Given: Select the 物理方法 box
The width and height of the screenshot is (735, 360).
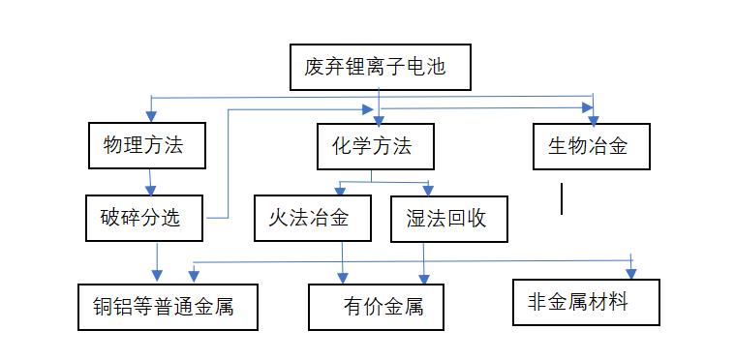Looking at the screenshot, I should [x=148, y=145].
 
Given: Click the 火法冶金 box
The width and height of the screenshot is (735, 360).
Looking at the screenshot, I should [x=314, y=218].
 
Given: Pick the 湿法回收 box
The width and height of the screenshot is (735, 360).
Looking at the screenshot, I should [x=446, y=218].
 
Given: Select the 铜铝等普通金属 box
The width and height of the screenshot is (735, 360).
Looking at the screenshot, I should [x=168, y=307].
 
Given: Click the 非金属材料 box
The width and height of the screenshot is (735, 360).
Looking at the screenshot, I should [x=586, y=303].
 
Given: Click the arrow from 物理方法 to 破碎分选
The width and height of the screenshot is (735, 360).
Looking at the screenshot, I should [x=150, y=182].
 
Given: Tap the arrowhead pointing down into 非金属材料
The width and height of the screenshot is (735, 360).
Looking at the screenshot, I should [x=631, y=271].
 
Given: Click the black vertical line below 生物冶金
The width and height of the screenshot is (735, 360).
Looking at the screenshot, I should [x=562, y=198].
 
